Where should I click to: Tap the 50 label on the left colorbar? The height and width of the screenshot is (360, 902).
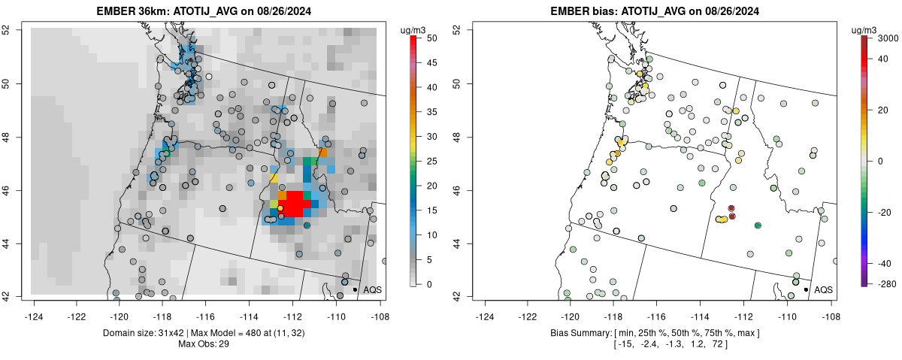(432, 38)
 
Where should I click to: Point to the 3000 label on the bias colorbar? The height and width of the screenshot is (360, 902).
(889, 38)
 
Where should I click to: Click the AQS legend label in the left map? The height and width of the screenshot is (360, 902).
(373, 289)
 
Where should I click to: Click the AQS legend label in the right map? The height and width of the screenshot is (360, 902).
(824, 289)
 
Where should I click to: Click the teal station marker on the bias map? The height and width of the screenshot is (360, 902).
(758, 225)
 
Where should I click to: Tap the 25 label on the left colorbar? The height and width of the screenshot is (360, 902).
(432, 161)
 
